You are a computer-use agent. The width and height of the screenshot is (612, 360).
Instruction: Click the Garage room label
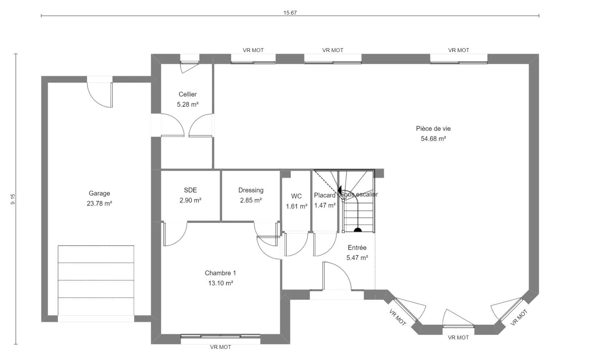(x=99, y=194)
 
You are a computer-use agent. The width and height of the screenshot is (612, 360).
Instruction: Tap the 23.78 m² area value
(x=99, y=203)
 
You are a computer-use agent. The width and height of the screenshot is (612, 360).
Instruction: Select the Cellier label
(x=188, y=94)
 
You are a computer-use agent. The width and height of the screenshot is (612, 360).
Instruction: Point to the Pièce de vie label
(x=433, y=129)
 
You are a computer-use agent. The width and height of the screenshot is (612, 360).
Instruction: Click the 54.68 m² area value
(x=433, y=139)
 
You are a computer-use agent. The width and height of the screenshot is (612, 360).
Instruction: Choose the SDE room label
(x=191, y=190)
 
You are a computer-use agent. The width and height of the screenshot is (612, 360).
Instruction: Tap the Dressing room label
(x=251, y=190)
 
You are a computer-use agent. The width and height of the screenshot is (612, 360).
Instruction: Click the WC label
(x=297, y=196)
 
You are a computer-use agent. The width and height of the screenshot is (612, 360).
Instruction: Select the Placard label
(x=325, y=195)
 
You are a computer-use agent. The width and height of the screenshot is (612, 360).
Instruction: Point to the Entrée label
(x=357, y=248)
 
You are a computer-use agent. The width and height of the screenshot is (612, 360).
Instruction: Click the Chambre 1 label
(x=220, y=273)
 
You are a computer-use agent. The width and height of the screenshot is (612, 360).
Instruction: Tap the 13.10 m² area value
(x=220, y=283)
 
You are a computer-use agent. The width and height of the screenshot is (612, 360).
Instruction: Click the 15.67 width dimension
(x=290, y=13)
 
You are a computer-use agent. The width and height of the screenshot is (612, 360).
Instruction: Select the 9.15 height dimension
(x=13, y=199)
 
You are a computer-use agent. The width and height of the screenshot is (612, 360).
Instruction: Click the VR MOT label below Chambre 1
(x=220, y=347)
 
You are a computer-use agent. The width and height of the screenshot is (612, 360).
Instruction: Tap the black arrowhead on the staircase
(x=340, y=189)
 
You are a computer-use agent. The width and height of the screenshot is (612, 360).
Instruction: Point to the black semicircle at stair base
(x=358, y=230)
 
